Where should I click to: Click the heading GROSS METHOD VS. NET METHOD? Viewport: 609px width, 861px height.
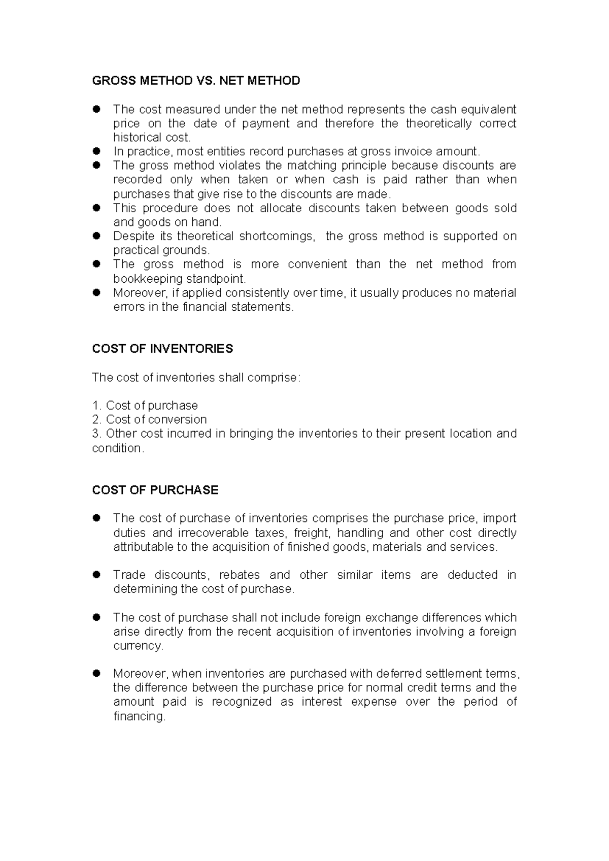click(196, 81)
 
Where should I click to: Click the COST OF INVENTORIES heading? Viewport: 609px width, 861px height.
click(162, 349)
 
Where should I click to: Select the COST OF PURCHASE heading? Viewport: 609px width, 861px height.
click(155, 490)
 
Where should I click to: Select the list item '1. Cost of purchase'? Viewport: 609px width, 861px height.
click(145, 406)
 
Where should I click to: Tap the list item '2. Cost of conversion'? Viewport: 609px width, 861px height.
click(150, 419)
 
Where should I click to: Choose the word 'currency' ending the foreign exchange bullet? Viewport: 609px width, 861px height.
click(138, 646)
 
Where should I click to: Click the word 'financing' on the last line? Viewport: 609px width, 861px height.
click(139, 717)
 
